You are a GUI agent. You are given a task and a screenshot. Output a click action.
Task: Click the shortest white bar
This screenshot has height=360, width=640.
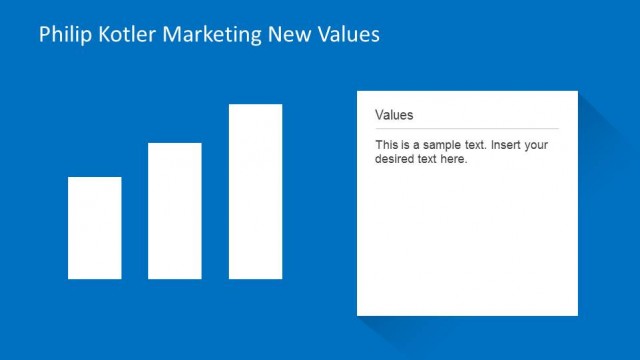pyautogui.click(x=95, y=227)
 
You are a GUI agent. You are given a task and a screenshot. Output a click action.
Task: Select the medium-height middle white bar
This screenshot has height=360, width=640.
pyautogui.click(x=175, y=210)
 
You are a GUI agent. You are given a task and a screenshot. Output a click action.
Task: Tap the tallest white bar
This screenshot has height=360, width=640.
pyautogui.click(x=255, y=191)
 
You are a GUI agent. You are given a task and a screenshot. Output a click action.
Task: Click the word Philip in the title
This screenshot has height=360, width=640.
pyautogui.click(x=62, y=35)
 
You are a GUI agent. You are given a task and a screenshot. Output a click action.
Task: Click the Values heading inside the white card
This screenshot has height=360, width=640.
pyautogui.click(x=394, y=115)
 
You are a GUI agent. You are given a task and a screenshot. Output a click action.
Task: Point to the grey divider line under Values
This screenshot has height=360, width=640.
pyautogui.click(x=466, y=129)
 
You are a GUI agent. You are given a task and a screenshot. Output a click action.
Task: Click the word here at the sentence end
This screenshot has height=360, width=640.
pyautogui.click(x=454, y=159)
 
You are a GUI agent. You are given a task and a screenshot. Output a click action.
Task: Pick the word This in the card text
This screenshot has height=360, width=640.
pyautogui.click(x=386, y=145)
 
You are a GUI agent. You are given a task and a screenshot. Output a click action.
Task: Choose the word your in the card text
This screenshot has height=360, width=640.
pyautogui.click(x=537, y=145)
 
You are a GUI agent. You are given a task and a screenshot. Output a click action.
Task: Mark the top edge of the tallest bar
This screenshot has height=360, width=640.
pyautogui.click(x=255, y=105)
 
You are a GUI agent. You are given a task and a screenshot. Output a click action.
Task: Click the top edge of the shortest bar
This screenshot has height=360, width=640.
pyautogui.click(x=95, y=178)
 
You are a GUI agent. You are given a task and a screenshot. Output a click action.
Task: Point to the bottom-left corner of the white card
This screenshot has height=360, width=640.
pyautogui.click(x=358, y=314)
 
